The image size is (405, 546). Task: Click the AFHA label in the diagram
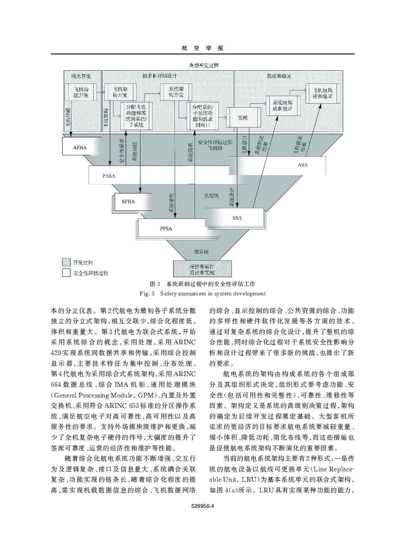click(x=80, y=148)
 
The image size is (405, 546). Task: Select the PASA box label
click(x=109, y=176)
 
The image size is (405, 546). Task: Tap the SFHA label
click(x=128, y=202)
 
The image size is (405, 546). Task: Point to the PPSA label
click(x=166, y=229)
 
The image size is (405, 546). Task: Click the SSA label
click(x=237, y=218)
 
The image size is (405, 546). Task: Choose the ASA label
click(x=303, y=165)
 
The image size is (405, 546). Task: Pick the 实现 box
click(x=243, y=118)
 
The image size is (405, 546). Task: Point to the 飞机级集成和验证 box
click(x=323, y=93)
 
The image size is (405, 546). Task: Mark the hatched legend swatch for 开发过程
click(x=66, y=262)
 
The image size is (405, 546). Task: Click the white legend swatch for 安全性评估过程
click(x=66, y=273)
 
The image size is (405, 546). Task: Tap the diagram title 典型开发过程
click(x=203, y=65)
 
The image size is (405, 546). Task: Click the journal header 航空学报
click(x=202, y=48)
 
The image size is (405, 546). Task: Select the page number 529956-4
click(x=202, y=506)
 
